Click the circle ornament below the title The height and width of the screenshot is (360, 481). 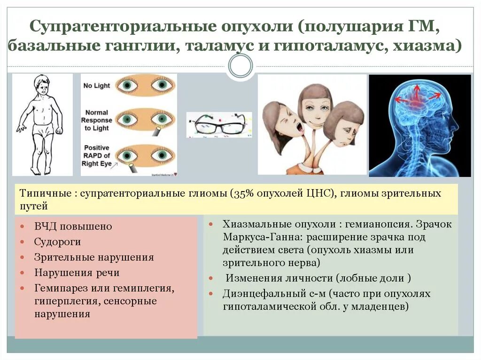240,67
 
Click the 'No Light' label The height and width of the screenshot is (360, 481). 96,86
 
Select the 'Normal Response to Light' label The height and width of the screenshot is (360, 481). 97,120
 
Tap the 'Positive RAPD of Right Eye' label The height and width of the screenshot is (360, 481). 97,156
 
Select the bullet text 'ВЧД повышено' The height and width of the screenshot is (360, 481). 73,226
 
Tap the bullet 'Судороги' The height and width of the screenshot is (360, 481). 57,242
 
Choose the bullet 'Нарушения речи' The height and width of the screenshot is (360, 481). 77,272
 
